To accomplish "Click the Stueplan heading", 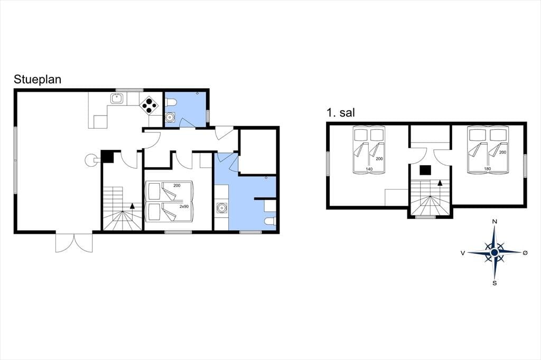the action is tap(38, 80).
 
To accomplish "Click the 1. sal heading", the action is tap(341, 113).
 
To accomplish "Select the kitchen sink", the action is tap(117, 99).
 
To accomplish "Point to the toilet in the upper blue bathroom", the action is tap(171, 102).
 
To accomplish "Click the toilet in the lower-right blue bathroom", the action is tap(269, 221).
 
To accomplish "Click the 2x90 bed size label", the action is tap(184, 206).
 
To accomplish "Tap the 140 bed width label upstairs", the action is tap(369, 169).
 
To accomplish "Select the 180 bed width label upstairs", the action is tap(487, 168).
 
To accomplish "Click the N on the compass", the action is tap(495, 222).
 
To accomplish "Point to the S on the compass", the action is tap(495, 283).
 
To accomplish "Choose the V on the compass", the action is tap(462, 253).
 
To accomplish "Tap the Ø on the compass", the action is tap(525, 253).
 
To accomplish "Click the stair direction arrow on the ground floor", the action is tap(132, 206).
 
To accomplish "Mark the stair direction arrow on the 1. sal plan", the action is tap(440, 183).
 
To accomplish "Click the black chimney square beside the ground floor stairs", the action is tap(107, 157).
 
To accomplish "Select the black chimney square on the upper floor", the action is tap(425, 170).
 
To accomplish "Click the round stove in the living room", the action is tap(91, 159).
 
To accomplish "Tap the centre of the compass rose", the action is tap(495, 253).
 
